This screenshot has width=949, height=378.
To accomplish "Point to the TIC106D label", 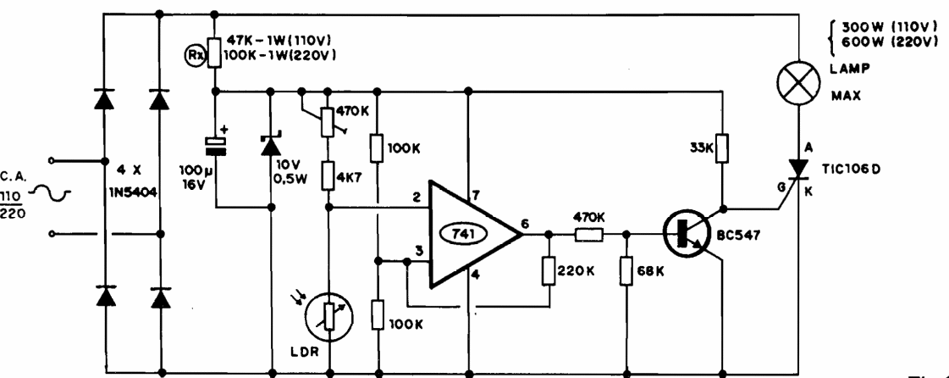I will click(x=857, y=168).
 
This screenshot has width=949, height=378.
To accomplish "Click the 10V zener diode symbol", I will click(x=271, y=146).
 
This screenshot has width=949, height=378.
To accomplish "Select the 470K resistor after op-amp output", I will click(x=588, y=235).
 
